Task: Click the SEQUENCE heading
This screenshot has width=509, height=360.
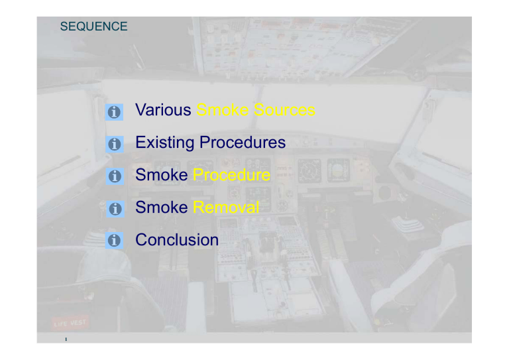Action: click(93, 27)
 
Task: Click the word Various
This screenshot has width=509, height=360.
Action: click(162, 110)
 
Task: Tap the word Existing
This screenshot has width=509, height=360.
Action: click(165, 143)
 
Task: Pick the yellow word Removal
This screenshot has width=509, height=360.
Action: click(226, 208)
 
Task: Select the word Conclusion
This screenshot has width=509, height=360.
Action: click(176, 240)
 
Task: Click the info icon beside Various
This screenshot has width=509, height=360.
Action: click(114, 112)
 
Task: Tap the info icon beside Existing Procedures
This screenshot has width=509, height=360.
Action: click(114, 144)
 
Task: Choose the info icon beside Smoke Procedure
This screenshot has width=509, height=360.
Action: click(114, 176)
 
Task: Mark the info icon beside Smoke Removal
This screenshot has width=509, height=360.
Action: click(114, 209)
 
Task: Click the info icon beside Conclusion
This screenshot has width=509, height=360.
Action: click(114, 241)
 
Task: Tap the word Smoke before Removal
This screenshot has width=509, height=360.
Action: click(162, 208)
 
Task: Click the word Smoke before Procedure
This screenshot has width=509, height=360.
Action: click(162, 175)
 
